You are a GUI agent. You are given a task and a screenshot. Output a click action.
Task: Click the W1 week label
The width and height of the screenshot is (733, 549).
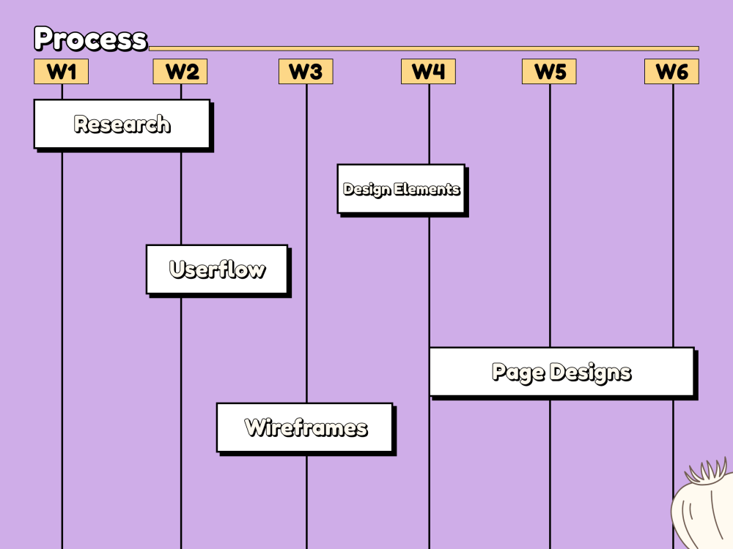click(62, 72)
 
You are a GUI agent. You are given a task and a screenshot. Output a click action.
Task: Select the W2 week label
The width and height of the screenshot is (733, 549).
click(180, 72)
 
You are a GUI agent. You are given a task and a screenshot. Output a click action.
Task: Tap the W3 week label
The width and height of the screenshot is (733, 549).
click(306, 72)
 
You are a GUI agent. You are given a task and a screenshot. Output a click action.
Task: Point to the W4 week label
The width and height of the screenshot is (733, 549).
click(428, 72)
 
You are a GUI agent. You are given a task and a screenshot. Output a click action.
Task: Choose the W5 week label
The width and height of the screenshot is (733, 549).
click(549, 72)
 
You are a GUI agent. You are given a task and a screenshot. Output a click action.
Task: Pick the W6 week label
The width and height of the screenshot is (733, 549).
click(671, 72)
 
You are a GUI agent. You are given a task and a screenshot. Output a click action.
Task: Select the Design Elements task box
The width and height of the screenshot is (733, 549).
click(402, 190)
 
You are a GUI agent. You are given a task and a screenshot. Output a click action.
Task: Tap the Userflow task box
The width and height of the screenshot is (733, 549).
click(218, 271)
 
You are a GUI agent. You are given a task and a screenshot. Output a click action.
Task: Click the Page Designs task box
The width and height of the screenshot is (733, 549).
click(563, 373)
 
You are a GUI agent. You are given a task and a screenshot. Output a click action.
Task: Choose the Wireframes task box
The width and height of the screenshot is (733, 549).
click(306, 429)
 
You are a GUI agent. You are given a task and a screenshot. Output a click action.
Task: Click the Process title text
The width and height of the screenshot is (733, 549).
click(91, 38)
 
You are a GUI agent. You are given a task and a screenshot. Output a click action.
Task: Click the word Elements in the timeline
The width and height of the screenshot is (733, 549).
click(427, 189)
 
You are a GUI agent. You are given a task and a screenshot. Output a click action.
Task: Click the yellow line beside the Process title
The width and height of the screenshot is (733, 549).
click(424, 48)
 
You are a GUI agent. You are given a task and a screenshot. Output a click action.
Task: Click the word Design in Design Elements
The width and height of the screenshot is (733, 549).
click(366, 190)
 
